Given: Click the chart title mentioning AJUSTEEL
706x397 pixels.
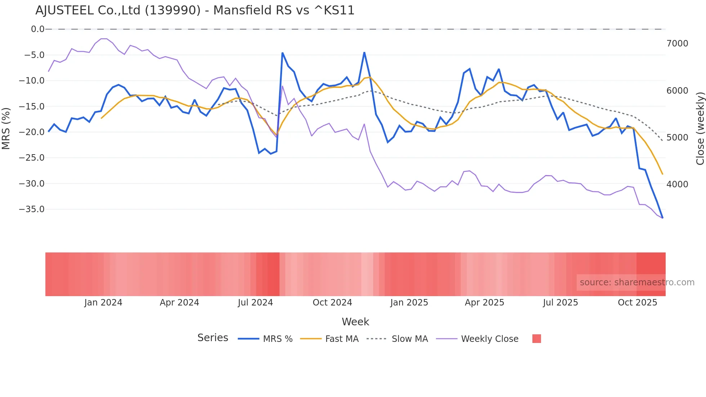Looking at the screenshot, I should [x=195, y=10].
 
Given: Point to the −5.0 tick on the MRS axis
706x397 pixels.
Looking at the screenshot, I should [x=34, y=55].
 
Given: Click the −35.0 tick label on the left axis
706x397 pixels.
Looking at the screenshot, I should [x=32, y=209].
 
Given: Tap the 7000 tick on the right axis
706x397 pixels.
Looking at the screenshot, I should [x=677, y=44].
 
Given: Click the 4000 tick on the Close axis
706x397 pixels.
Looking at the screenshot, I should [x=677, y=184].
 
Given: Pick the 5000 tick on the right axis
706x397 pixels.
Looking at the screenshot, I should [x=677, y=138].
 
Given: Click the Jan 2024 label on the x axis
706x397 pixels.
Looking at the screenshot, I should [x=103, y=303].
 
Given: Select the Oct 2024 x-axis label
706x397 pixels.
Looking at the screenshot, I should [x=332, y=303].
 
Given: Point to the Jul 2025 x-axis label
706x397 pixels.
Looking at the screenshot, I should [x=560, y=303].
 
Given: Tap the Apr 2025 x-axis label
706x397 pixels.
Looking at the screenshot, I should [x=484, y=303].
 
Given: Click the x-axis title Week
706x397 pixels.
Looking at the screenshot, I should [x=355, y=322].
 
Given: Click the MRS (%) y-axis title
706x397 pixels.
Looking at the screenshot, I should [x=6, y=129].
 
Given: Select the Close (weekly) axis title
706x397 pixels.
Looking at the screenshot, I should [x=700, y=129].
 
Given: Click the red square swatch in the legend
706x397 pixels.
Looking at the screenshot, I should [x=536, y=339].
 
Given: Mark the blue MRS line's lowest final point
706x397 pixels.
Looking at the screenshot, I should [x=662, y=218].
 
